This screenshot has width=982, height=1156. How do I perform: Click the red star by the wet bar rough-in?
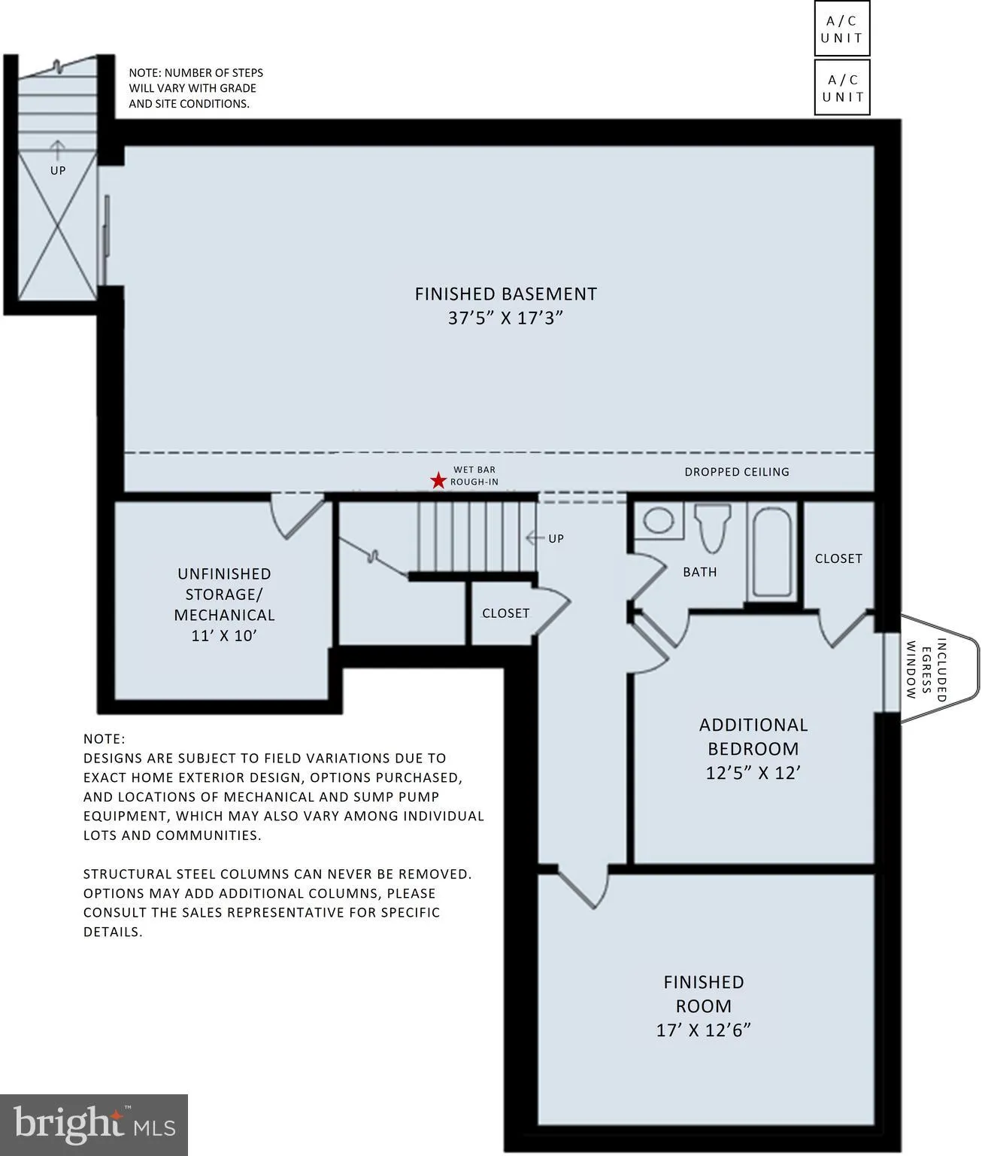click(x=437, y=480)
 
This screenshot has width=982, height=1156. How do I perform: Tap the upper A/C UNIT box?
click(x=841, y=29)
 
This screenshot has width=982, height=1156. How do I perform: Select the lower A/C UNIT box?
click(x=841, y=87)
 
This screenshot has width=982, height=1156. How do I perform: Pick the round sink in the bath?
click(x=659, y=521)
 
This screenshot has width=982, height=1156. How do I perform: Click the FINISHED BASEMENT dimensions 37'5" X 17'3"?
click(x=506, y=318)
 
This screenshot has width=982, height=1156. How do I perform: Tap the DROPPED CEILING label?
click(x=736, y=472)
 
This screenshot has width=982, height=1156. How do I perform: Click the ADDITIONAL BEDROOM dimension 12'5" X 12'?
click(x=753, y=773)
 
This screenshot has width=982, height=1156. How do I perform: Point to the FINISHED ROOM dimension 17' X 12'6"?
click(x=703, y=1030)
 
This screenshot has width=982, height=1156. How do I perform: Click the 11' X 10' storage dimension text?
click(x=224, y=635)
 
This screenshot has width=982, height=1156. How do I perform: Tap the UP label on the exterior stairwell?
click(x=58, y=170)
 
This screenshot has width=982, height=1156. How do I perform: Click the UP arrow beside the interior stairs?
click(x=535, y=538)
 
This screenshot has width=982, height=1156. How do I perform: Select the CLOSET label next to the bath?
click(x=838, y=558)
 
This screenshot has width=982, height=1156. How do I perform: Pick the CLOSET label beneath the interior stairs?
click(x=505, y=613)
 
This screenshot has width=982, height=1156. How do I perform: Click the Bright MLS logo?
click(x=93, y=1125)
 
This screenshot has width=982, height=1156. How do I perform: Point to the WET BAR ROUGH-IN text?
click(x=474, y=476)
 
